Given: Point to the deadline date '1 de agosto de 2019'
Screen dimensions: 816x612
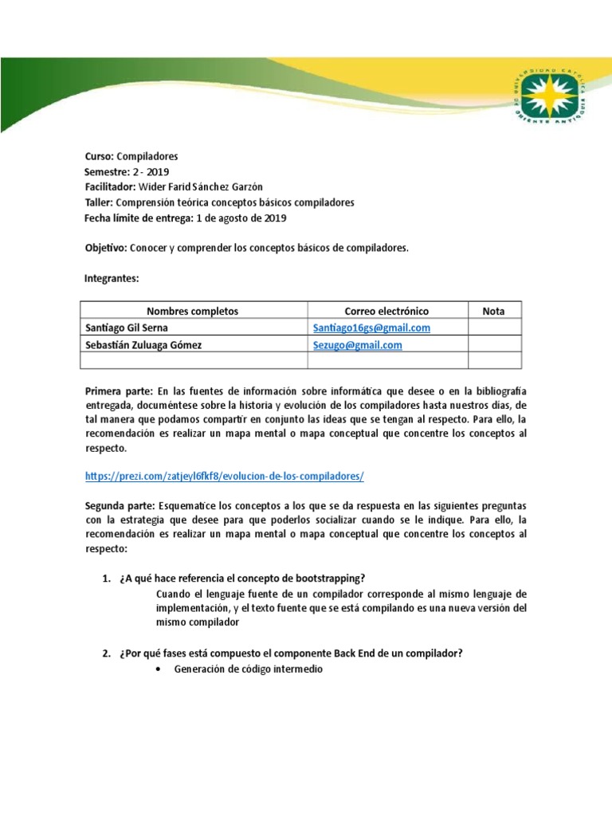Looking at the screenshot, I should tap(241, 218).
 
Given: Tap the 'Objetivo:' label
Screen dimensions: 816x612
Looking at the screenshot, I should tap(104, 249).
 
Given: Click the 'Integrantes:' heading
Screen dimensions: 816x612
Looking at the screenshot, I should tap(112, 279).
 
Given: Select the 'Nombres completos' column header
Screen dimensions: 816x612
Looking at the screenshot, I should tap(193, 312).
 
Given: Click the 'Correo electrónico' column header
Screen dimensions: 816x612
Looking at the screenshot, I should tap(386, 312).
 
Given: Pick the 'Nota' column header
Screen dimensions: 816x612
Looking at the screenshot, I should tap(493, 312).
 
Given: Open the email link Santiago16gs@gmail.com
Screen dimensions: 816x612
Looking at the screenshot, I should tap(371, 328).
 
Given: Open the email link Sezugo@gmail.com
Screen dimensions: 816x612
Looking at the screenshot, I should tap(357, 345).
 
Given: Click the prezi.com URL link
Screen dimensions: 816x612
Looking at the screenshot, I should tap(224, 477).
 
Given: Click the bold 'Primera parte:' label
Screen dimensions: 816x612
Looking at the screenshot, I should tap(119, 391).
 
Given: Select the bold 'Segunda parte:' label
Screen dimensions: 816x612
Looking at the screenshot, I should tap(120, 507).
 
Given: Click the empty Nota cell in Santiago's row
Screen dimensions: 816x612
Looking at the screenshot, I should tap(493, 328).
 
